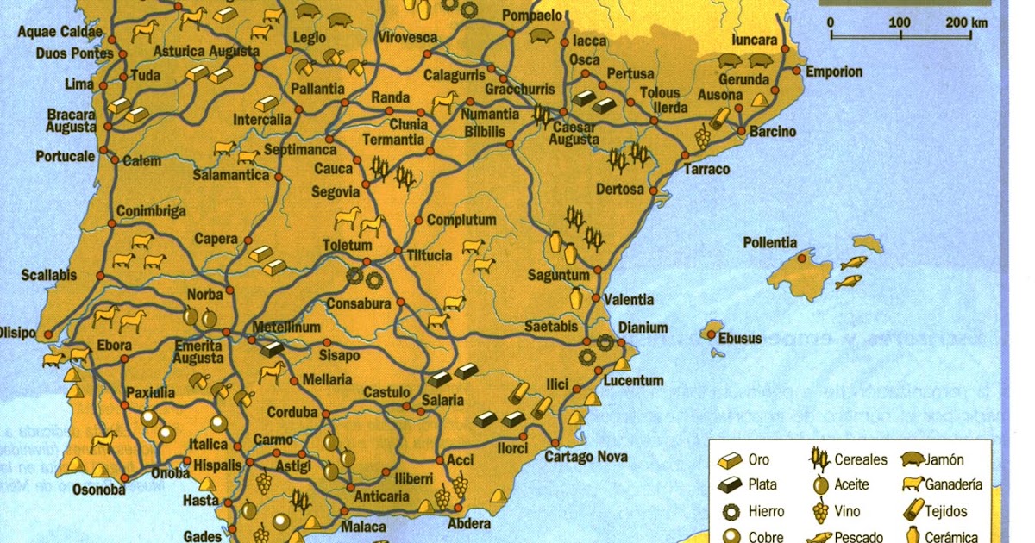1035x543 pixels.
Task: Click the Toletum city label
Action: (x=347, y=246)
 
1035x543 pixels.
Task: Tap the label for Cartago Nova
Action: (x=586, y=457)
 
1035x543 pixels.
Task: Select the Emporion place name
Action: (x=834, y=72)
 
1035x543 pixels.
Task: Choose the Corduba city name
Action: (x=293, y=412)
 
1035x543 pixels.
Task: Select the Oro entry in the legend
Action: (x=758, y=460)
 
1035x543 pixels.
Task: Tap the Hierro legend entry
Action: (x=766, y=512)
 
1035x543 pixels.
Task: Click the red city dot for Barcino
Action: (x=741, y=131)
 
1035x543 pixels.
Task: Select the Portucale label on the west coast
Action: (x=66, y=157)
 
